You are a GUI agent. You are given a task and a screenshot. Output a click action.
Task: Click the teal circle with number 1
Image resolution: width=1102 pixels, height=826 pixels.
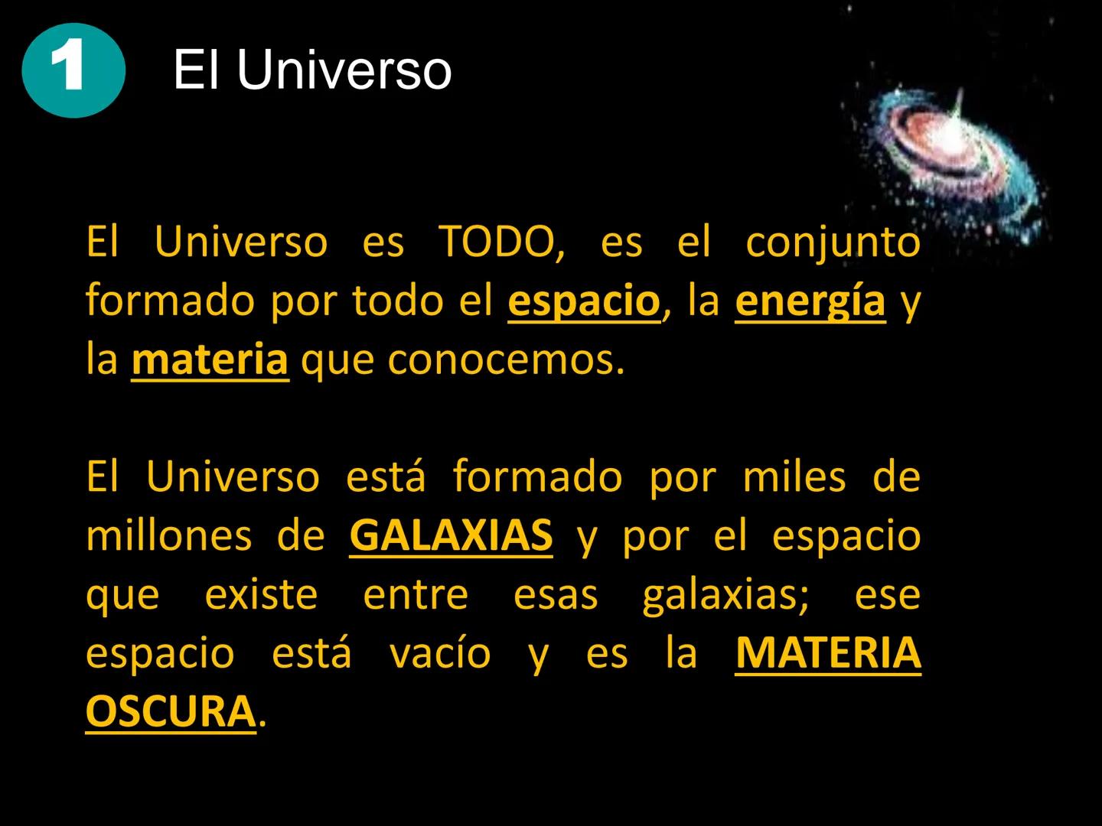pyautogui.click(x=73, y=70)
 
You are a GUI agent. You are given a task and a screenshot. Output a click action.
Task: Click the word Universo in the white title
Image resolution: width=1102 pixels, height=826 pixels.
pyautogui.click(x=344, y=71)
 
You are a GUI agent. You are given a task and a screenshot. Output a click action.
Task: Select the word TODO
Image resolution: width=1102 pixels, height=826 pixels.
pyautogui.click(x=501, y=242)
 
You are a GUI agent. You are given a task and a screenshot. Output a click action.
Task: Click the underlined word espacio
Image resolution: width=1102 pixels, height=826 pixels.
pyautogui.click(x=583, y=301)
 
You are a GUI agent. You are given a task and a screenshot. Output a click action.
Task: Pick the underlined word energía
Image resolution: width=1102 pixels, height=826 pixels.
pyautogui.click(x=810, y=301)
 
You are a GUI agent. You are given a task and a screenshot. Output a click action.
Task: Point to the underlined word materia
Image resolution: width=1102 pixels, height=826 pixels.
pyautogui.click(x=210, y=360)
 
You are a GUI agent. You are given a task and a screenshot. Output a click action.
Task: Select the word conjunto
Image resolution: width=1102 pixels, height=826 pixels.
pyautogui.click(x=833, y=242)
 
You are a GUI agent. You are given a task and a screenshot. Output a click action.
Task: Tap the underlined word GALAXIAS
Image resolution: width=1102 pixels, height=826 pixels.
pyautogui.click(x=451, y=535)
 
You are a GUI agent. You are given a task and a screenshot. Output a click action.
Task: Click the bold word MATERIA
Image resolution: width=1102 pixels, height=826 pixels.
pyautogui.click(x=827, y=652)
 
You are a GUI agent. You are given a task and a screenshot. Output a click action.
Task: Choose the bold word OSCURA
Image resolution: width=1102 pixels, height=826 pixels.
pyautogui.click(x=170, y=711)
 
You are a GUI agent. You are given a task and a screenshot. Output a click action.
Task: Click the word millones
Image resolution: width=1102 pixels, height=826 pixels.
pyautogui.click(x=168, y=535)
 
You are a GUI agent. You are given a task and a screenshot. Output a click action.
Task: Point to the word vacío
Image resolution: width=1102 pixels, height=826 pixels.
pyautogui.click(x=440, y=652)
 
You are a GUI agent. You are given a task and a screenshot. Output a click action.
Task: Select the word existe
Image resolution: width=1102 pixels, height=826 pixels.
pyautogui.click(x=261, y=594)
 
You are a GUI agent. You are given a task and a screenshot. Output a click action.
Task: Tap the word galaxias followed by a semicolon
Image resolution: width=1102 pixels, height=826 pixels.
pyautogui.click(x=725, y=594)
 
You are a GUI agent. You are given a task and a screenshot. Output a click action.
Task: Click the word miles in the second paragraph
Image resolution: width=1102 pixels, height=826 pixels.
pyautogui.click(x=794, y=476)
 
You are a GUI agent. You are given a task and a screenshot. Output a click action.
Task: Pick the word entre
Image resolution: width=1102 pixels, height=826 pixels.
pyautogui.click(x=416, y=594)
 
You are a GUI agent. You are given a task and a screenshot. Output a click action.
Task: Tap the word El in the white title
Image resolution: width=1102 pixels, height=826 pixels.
pyautogui.click(x=197, y=71)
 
